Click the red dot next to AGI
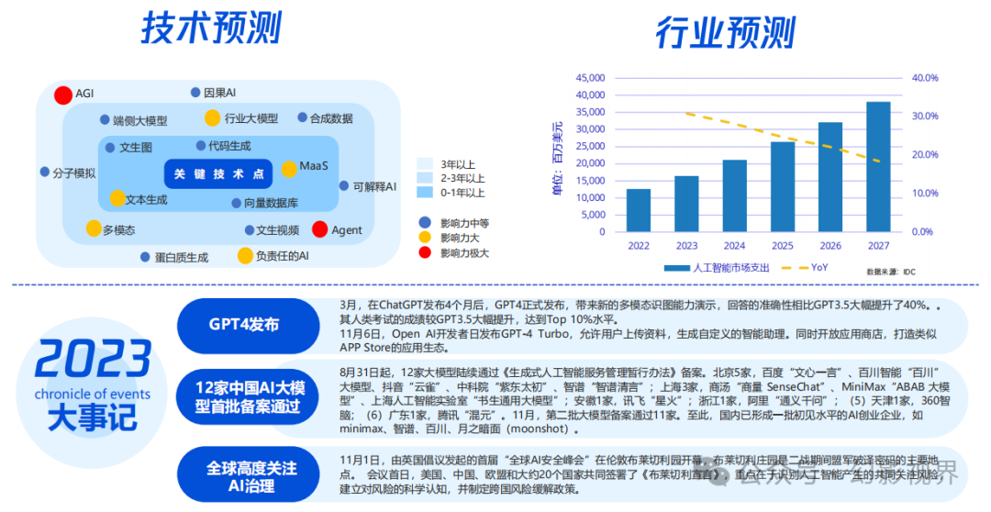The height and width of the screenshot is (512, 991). pyautogui.click(x=63, y=95)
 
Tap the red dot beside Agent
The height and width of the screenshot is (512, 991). pyautogui.click(x=320, y=229)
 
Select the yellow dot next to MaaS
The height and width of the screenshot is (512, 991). pyautogui.click(x=289, y=169)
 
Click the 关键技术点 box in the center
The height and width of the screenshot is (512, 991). pyautogui.click(x=218, y=173)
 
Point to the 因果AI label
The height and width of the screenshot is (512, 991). pyautogui.click(x=219, y=93)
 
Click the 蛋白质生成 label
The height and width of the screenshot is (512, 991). pyautogui.click(x=181, y=258)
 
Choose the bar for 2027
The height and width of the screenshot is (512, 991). pyautogui.click(x=878, y=166)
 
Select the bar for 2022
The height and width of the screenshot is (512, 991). pyautogui.click(x=639, y=210)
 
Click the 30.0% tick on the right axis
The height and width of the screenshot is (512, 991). pyautogui.click(x=924, y=117)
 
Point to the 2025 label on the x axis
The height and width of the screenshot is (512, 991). pyautogui.click(x=782, y=246)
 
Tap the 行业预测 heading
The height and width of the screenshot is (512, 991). pyautogui.click(x=725, y=33)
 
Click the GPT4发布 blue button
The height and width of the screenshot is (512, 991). pyautogui.click(x=243, y=324)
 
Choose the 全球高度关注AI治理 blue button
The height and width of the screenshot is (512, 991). pyautogui.click(x=251, y=476)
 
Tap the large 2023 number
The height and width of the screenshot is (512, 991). pyautogui.click(x=92, y=360)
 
